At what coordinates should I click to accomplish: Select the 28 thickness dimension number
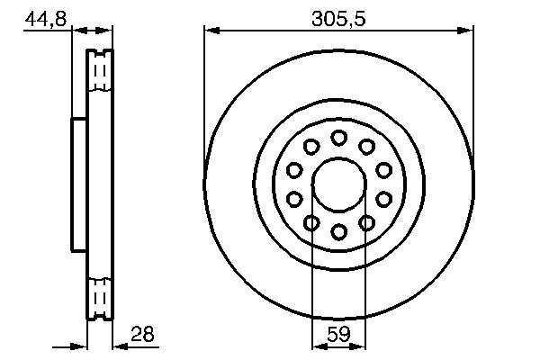(x=143, y=334)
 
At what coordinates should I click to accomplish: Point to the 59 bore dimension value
(x=338, y=334)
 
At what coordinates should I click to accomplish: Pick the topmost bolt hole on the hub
(x=338, y=138)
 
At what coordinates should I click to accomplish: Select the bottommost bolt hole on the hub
(x=338, y=232)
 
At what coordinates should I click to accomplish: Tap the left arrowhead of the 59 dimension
(x=317, y=344)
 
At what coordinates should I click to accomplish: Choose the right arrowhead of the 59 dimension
(x=360, y=344)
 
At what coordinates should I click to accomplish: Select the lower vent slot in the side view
(x=100, y=296)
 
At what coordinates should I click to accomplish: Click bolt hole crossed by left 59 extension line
(x=311, y=222)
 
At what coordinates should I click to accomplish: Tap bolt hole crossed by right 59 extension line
(x=366, y=222)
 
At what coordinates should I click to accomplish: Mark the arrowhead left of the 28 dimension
(x=80, y=344)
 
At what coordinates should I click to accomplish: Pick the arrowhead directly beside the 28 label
(x=120, y=344)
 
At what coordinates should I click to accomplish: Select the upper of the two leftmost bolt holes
(x=294, y=169)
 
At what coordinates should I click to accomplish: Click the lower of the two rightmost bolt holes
(x=383, y=199)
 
